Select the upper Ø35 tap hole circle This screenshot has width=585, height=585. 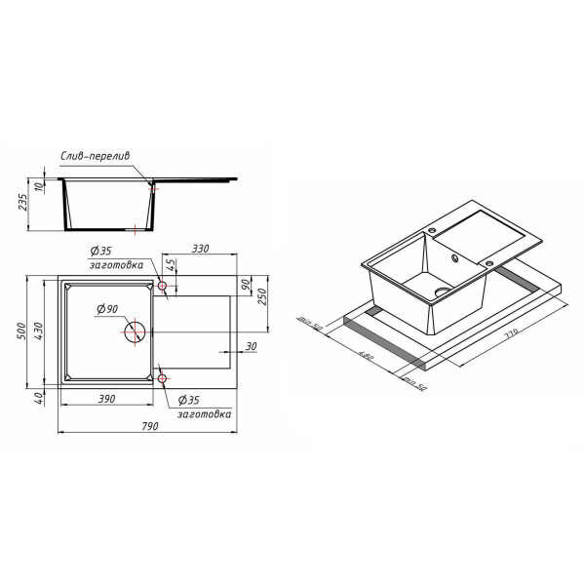point(163,288)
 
